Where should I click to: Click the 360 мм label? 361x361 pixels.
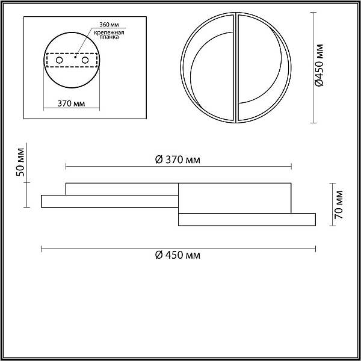click(x=109, y=25)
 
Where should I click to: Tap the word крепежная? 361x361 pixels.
click(x=109, y=32)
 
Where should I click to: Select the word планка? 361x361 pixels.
click(x=109, y=37)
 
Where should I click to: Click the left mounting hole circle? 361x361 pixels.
click(x=59, y=60)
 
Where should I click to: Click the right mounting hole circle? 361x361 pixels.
click(x=85, y=60)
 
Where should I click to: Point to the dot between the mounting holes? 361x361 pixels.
click(x=75, y=57)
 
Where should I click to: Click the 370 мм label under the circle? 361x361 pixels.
click(x=71, y=103)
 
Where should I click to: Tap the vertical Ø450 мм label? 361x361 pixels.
click(x=319, y=65)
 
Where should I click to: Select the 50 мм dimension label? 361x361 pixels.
click(x=20, y=162)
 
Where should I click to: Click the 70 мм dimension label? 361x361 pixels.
click(x=339, y=205)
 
